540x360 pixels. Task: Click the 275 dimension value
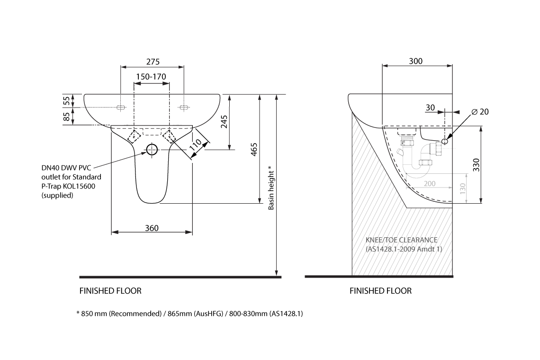[153, 62]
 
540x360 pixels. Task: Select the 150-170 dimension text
[151, 77]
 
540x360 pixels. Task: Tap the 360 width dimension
[152, 228]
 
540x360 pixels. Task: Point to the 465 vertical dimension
[254, 149]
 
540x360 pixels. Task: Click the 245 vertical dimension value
[225, 122]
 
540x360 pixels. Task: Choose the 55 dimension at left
[67, 100]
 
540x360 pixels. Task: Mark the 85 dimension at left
[67, 116]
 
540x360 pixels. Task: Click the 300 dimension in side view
[415, 61]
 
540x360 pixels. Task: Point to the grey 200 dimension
[430, 183]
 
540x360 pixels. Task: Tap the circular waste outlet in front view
[152, 150]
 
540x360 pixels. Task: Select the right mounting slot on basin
[183, 108]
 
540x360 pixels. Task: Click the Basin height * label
[270, 188]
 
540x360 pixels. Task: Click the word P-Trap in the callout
[52, 186]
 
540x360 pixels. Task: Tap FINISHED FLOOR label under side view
[380, 291]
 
